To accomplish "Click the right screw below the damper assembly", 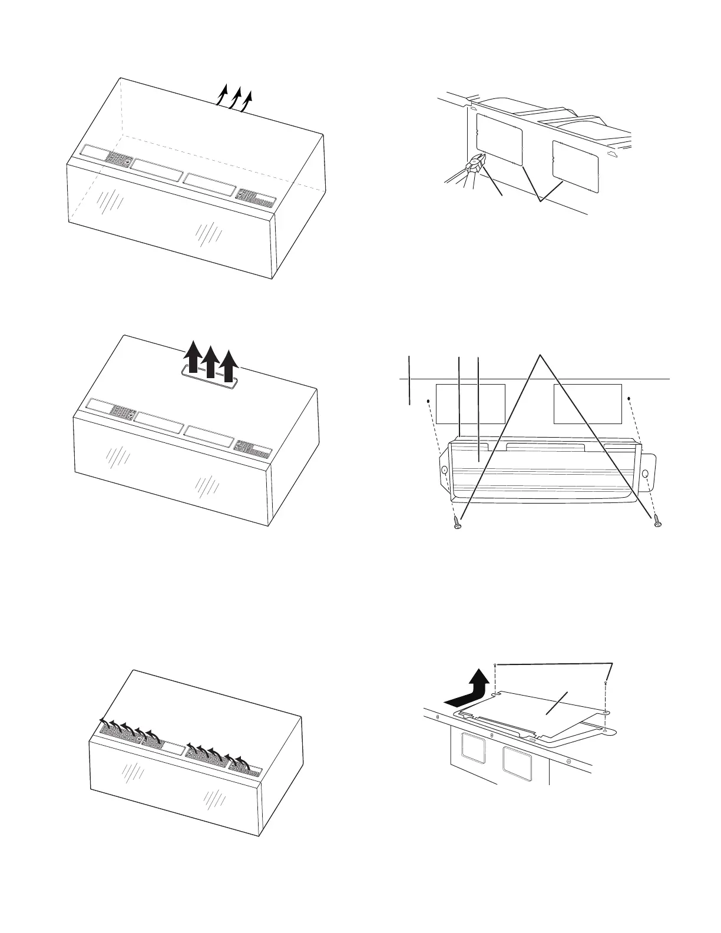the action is [657, 520].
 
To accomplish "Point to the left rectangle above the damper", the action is [470, 403].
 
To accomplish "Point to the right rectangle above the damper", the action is [588, 403].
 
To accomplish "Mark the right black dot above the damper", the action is [630, 398].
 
